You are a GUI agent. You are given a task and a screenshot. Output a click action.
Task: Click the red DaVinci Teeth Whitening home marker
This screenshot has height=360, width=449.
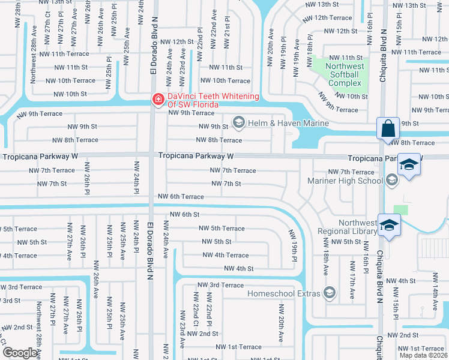pyautogui.click(x=158, y=99)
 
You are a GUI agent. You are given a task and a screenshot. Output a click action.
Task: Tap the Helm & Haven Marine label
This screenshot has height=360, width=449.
pyautogui.click(x=289, y=124)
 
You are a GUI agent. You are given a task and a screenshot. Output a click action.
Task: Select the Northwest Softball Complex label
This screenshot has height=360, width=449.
pyautogui.click(x=345, y=74)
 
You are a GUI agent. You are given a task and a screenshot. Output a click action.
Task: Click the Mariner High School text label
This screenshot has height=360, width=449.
pyautogui.click(x=345, y=180)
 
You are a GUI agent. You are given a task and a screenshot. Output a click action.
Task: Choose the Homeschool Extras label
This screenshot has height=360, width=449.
pyautogui.click(x=285, y=293)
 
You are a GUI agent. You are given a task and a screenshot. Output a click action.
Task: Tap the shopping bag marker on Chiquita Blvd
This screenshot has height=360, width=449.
pyautogui.click(x=387, y=128)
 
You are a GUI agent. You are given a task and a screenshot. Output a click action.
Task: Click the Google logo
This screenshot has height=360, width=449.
pyautogui.click(x=19, y=353)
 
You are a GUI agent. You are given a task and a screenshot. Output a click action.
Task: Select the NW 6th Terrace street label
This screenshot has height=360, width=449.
pyautogui.click(x=181, y=197)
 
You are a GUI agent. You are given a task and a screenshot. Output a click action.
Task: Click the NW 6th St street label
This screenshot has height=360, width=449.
pyautogui.click(x=184, y=214)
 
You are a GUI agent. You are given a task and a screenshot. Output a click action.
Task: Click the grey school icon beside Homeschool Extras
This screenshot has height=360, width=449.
pyautogui.click(x=329, y=293)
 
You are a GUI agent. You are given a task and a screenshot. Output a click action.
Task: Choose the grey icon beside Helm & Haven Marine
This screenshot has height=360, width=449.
pyautogui.click(x=238, y=123)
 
